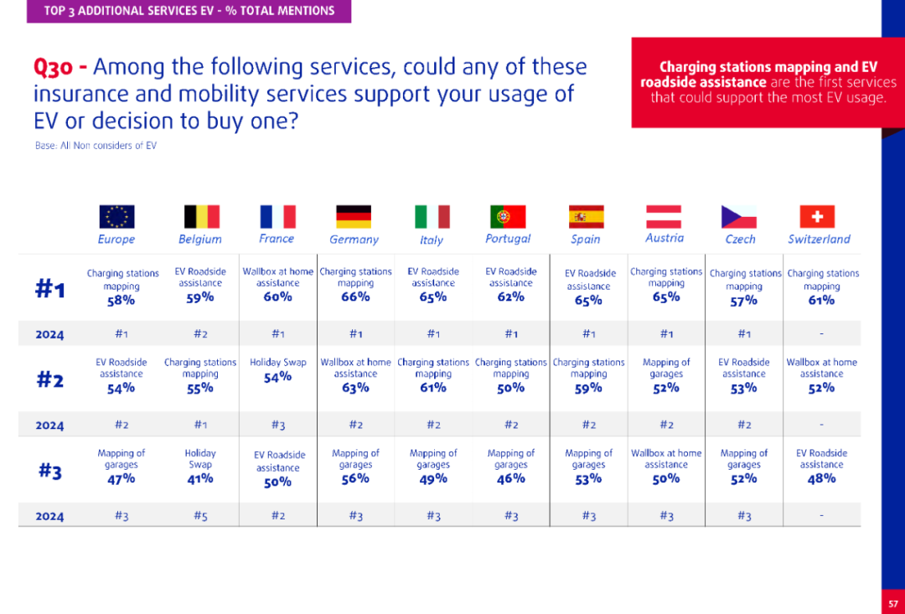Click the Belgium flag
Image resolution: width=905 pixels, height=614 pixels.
point(201,217)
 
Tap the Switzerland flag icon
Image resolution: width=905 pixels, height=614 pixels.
point(817,217)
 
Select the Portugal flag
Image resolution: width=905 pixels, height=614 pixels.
point(508,217)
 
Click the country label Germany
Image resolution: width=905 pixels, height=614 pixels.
point(354,240)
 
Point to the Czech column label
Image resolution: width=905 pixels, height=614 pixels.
point(740,240)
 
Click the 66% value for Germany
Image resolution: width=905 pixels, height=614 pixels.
point(355,297)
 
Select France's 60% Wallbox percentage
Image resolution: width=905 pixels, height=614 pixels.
point(277,297)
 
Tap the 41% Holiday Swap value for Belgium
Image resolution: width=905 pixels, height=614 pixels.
point(200,479)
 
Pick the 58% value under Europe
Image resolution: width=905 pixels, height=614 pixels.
point(121,301)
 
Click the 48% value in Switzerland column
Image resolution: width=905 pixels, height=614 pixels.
point(821,478)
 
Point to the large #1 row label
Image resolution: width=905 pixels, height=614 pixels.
point(50,290)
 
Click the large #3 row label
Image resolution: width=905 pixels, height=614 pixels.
point(50,472)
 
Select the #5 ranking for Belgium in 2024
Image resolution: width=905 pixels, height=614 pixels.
point(200,516)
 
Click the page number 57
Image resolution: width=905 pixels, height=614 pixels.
point(892,602)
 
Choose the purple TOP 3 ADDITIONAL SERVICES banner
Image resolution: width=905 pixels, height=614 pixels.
point(189,11)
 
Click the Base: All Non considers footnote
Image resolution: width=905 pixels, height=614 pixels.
point(96,146)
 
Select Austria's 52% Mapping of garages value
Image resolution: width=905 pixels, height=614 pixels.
point(666,388)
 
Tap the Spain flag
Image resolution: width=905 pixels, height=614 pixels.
point(586,217)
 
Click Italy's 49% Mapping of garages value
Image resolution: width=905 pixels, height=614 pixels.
point(433,479)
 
